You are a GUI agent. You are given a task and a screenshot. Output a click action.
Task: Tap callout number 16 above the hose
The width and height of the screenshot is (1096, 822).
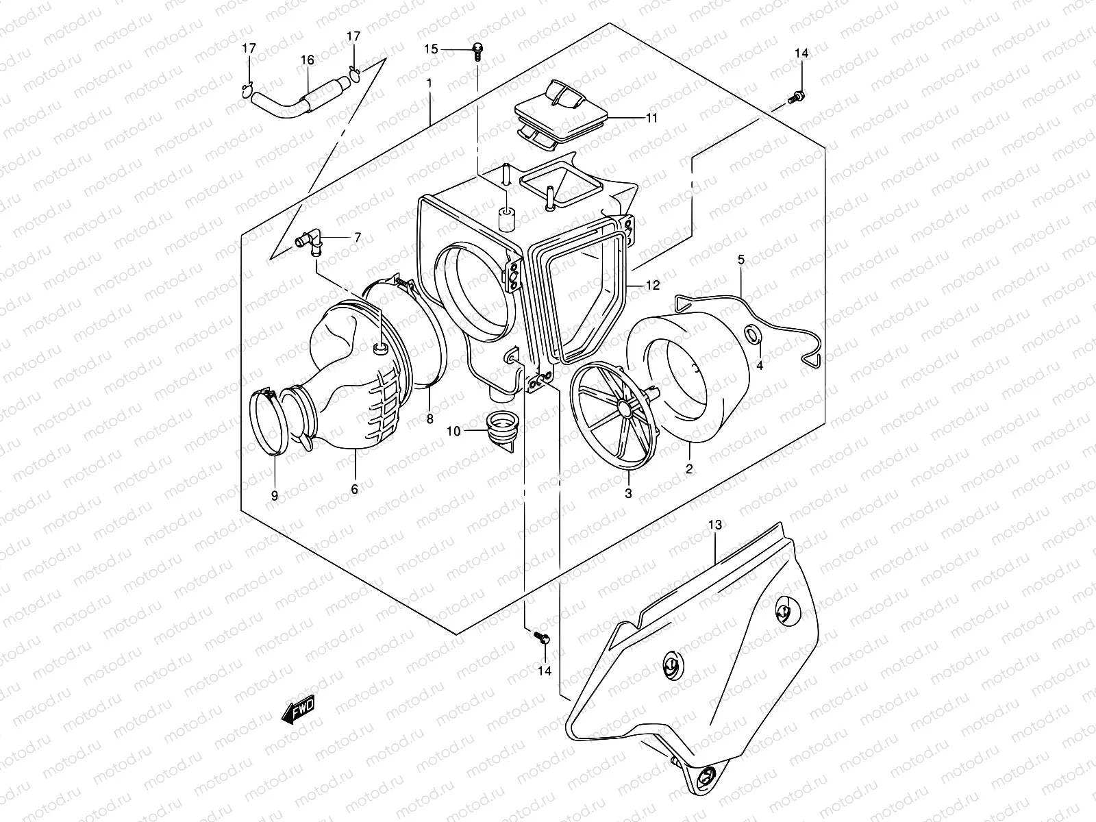point(307,60)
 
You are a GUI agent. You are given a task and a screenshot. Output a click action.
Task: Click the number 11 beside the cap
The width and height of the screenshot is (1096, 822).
point(651,118)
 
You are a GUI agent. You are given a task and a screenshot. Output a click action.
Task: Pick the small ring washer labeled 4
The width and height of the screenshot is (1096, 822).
point(751,335)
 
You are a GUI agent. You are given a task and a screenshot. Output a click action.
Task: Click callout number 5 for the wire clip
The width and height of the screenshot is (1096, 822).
point(741,260)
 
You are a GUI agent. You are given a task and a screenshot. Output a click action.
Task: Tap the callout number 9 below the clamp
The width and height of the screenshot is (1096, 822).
point(275,496)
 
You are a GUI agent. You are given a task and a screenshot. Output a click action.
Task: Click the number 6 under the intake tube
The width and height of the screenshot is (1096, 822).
point(354,489)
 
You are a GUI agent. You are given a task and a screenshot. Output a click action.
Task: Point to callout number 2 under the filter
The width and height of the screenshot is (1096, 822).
point(689,469)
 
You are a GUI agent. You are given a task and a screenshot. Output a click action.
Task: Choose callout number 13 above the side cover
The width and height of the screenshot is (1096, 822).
point(714,525)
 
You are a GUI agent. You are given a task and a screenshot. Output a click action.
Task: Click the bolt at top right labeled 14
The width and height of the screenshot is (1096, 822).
point(797,97)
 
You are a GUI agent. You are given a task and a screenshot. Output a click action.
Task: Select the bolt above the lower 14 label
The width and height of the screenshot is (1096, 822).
point(542,638)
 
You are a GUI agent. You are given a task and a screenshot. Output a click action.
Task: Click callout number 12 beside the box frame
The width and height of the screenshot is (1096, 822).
point(653,285)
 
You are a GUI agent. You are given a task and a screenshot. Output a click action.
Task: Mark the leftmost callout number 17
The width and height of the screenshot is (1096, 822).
point(249,49)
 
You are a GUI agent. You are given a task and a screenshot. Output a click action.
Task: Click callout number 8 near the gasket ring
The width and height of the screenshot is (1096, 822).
point(430,419)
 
